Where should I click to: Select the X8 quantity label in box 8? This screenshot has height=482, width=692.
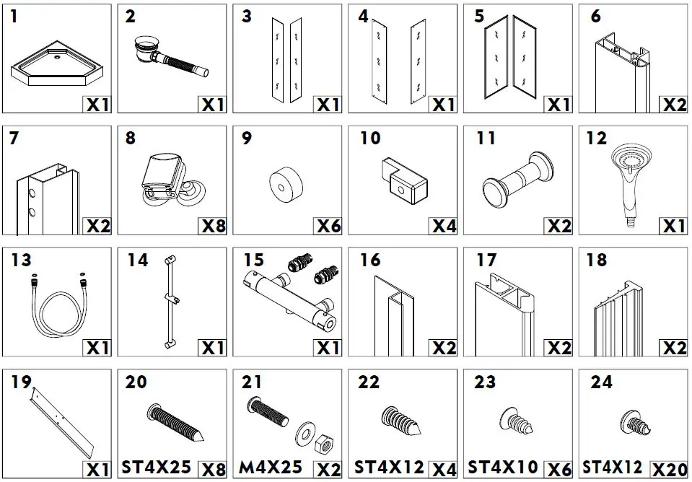point(212,226)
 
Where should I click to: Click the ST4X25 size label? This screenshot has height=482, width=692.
point(157,467)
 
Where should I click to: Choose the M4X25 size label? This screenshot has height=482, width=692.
point(271,467)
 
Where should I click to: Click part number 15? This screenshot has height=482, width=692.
point(253,259)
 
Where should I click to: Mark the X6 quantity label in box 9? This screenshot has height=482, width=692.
point(328,226)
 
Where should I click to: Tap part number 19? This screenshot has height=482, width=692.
point(22,382)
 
